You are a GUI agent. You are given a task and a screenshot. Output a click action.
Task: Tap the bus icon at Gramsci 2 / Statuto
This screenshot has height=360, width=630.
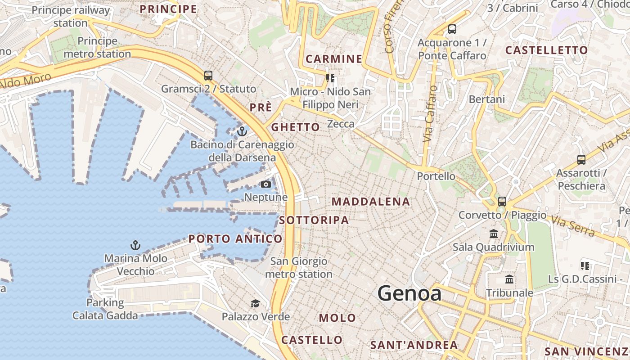coord(208,75)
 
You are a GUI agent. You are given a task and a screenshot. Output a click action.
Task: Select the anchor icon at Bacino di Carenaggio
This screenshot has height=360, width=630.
coord(242,131)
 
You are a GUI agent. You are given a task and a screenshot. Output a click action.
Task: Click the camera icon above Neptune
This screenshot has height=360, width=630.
coord(266,184)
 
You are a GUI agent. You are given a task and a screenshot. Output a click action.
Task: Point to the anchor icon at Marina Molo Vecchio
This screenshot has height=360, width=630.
coord(135,245)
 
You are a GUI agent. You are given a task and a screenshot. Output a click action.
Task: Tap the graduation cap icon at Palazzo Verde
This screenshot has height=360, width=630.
coord(255,303)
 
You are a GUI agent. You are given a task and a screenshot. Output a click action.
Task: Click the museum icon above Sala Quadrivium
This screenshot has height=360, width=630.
coord(494,234)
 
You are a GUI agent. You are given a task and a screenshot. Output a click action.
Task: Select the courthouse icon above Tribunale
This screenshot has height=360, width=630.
coord(509,279)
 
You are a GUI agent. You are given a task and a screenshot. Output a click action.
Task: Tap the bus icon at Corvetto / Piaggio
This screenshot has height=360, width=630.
coord(502,201)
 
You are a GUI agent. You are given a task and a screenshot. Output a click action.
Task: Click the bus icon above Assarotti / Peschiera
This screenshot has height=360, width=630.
coord(581,159)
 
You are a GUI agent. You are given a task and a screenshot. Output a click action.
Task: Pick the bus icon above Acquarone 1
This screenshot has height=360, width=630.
coord(452,29)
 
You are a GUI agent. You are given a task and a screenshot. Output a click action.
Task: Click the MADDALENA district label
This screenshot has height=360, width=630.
coord(371,202)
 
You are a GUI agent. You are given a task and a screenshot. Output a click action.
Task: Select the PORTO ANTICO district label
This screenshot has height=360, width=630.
coord(235,239)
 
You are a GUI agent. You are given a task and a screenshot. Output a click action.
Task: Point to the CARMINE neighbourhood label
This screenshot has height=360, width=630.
coord(334,59)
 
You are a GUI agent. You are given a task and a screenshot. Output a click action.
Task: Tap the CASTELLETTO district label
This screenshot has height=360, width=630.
coord(546,50)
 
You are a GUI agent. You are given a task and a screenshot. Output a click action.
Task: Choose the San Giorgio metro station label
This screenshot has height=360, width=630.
coord(299,267)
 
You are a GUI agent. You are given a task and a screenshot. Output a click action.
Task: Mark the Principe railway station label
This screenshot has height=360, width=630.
coord(71,16)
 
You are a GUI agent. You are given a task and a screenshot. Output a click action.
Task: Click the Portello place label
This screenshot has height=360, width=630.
coord(433,176)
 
